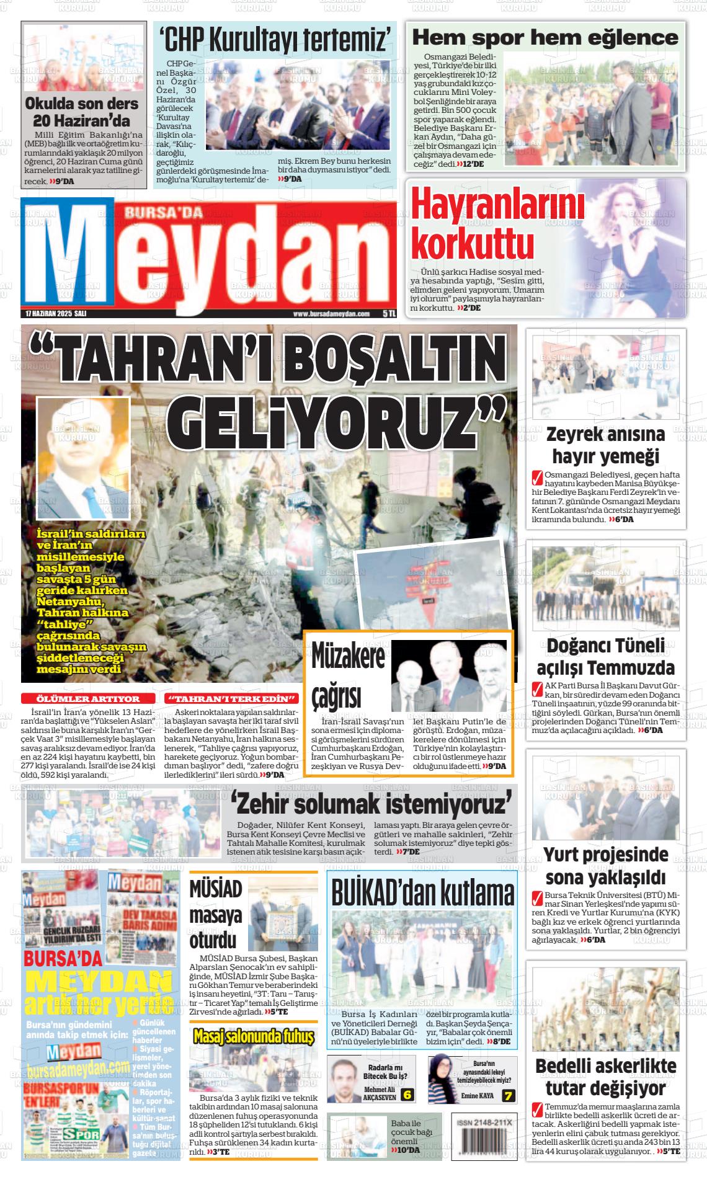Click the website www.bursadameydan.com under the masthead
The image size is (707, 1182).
click(x=331, y=314)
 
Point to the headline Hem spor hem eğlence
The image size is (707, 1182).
click(x=545, y=37)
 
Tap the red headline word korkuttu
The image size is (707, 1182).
click(x=472, y=242)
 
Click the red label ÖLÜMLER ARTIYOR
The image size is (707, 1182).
click(x=88, y=699)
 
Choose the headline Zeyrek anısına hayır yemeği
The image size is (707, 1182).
click(x=605, y=445)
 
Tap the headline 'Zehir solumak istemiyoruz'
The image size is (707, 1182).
click(x=372, y=805)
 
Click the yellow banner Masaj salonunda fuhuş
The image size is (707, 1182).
click(x=253, y=1036)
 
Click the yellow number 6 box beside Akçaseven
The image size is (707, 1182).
click(x=407, y=1095)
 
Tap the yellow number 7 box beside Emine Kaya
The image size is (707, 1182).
click(x=509, y=1095)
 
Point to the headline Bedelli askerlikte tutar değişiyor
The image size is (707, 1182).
click(x=605, y=1077)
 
